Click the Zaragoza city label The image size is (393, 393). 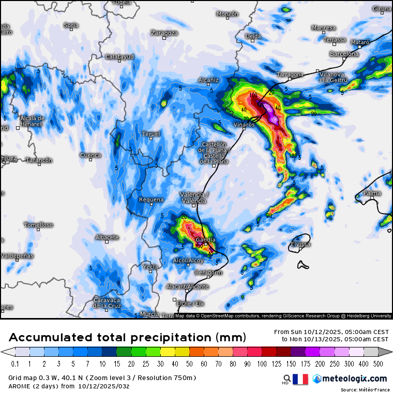point(164,33)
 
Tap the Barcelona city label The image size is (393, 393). point(344,54)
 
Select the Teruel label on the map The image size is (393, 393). point(151,134)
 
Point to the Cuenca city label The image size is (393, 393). point(90,155)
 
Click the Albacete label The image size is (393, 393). point(107,237)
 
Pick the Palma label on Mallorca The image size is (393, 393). point(372,193)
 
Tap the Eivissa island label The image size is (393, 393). point(300,244)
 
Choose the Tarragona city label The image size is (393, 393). point(290,74)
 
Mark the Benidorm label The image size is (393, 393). point(208,272)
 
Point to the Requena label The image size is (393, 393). point(151,200)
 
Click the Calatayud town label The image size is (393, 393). point(119,56)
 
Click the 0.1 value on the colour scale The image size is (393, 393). point(16,364)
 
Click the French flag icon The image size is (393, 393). point(300,379)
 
